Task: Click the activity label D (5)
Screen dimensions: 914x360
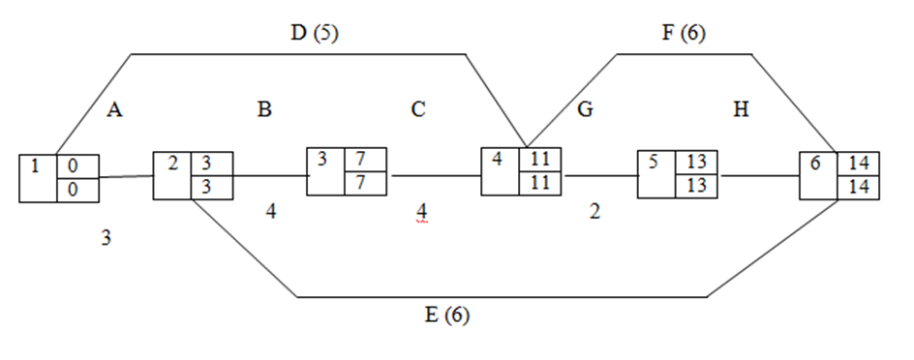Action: [315, 33]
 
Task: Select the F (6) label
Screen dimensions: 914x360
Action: [684, 33]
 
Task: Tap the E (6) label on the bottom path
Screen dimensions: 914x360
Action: [447, 315]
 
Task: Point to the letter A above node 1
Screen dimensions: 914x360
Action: [114, 110]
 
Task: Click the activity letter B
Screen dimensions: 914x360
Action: [264, 110]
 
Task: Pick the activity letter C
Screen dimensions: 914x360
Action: [418, 110]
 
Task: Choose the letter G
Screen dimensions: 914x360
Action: [585, 110]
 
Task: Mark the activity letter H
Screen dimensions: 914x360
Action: [742, 110]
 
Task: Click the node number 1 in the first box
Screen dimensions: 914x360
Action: [35, 165]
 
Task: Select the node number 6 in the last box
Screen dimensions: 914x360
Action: [815, 164]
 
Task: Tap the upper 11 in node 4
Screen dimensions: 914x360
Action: [540, 159]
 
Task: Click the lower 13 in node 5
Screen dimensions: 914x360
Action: [696, 185]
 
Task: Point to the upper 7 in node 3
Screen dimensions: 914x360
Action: [361, 158]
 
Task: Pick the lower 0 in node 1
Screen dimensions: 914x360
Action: [73, 190]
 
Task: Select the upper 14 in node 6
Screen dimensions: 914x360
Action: [857, 163]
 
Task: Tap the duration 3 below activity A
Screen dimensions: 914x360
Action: [106, 238]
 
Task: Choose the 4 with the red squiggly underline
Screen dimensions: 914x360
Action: [421, 210]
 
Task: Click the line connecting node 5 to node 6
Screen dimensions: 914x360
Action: [760, 176]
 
